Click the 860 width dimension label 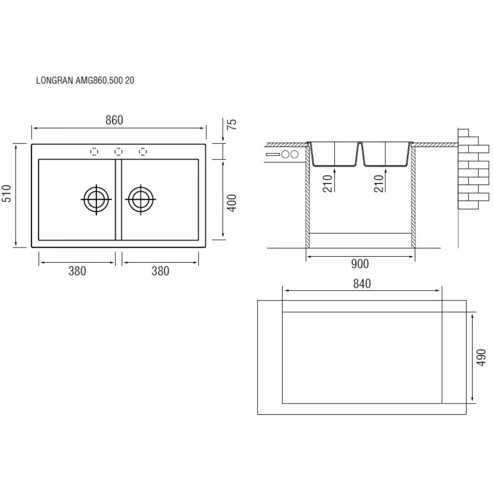click(x=114, y=120)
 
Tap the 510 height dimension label click(x=7, y=193)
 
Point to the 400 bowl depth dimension click(x=231, y=203)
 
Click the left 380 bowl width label click(x=77, y=271)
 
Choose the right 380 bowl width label click(x=160, y=271)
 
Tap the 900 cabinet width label click(x=360, y=264)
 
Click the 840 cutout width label click(x=362, y=284)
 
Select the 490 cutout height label click(x=481, y=357)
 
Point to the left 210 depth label click(x=328, y=183)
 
